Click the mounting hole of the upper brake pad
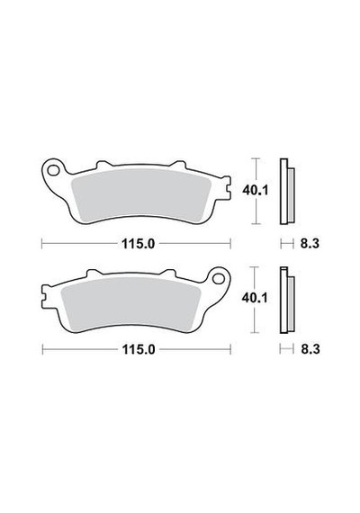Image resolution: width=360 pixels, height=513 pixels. point(51,170)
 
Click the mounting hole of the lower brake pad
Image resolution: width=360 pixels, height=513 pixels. point(217,279)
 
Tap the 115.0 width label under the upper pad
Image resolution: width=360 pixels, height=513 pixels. point(138,243)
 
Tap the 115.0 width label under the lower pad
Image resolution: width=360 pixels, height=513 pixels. point(138,349)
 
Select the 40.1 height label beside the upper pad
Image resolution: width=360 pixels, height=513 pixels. point(255,191)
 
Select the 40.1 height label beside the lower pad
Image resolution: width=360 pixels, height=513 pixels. point(255,298)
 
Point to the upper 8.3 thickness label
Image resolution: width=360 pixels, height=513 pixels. point(310,243)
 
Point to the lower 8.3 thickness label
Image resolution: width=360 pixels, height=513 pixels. point(310,349)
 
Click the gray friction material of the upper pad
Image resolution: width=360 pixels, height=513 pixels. point(141,194)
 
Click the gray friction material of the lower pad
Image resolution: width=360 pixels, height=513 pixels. point(131,302)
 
